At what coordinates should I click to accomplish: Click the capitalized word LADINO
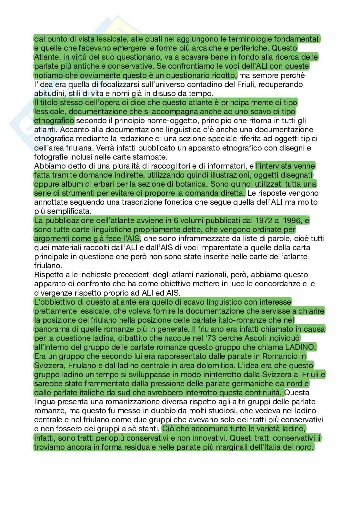299,347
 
